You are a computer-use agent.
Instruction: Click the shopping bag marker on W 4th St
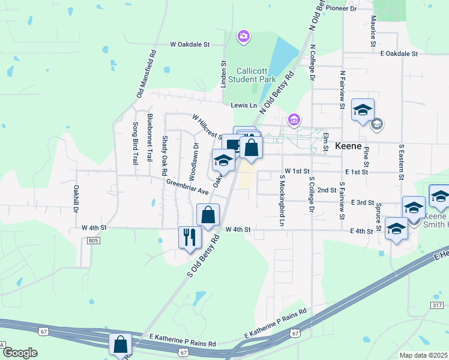[208, 215]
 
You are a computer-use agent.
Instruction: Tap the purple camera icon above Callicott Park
[243, 37]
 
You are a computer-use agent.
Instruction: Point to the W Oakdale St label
[190, 44]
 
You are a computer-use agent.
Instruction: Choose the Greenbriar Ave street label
[187, 187]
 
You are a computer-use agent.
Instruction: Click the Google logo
[19, 353]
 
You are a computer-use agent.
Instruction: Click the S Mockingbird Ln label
[281, 200]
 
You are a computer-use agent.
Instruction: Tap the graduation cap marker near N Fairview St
[363, 110]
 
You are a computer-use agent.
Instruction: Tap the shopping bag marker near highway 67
[120, 344]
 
